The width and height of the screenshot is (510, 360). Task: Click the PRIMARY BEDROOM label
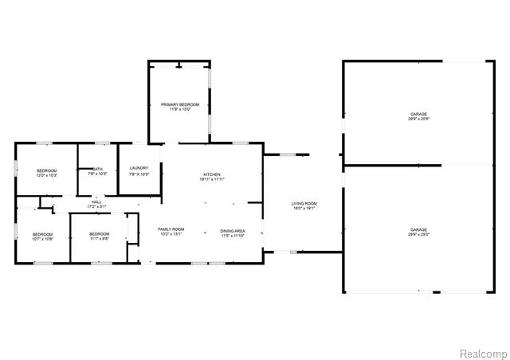pos(179,104)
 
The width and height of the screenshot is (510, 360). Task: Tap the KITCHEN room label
pos(211,174)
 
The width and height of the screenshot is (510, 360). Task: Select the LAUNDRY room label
pos(139,168)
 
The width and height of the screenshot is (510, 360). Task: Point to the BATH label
pos(97,169)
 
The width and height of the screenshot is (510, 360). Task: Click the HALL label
pos(96,202)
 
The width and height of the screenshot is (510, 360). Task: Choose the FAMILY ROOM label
pos(171,229)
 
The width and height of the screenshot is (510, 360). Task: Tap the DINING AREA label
pos(233,231)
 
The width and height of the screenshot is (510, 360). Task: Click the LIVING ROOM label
pos(304,204)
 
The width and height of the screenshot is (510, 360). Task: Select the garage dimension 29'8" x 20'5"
pos(419,119)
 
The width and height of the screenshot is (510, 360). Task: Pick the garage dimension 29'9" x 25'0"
pos(419,234)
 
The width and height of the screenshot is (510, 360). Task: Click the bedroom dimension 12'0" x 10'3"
pos(46,175)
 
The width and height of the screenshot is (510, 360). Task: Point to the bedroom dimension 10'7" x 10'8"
pos(42,238)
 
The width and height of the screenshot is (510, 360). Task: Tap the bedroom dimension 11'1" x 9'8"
pos(99,238)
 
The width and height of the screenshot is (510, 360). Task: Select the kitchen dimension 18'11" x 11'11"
pos(211,179)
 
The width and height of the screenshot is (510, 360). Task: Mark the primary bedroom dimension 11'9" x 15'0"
pos(179,109)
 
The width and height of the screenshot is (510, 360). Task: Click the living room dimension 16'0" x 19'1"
pos(304,209)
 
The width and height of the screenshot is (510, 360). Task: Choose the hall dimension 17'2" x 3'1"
pos(96,207)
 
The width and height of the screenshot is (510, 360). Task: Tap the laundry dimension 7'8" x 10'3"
pos(139,174)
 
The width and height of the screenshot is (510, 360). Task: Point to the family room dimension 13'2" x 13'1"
pos(171,234)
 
